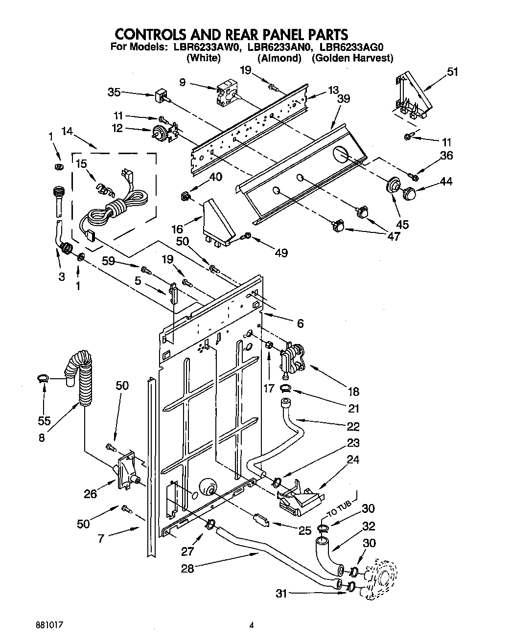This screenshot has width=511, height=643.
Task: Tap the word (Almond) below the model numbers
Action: tap(279, 58)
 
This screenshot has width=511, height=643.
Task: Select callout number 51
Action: tap(453, 72)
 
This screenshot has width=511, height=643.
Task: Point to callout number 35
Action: tap(114, 92)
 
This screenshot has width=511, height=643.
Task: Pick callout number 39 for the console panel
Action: tap(344, 98)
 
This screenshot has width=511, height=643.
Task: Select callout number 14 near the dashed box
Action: tap(68, 131)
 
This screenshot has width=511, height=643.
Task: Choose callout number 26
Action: tap(90, 494)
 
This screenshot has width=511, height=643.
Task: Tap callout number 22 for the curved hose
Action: tap(353, 426)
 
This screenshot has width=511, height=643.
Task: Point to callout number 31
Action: tap(280, 594)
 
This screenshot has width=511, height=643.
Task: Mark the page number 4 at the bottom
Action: tap(252, 625)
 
